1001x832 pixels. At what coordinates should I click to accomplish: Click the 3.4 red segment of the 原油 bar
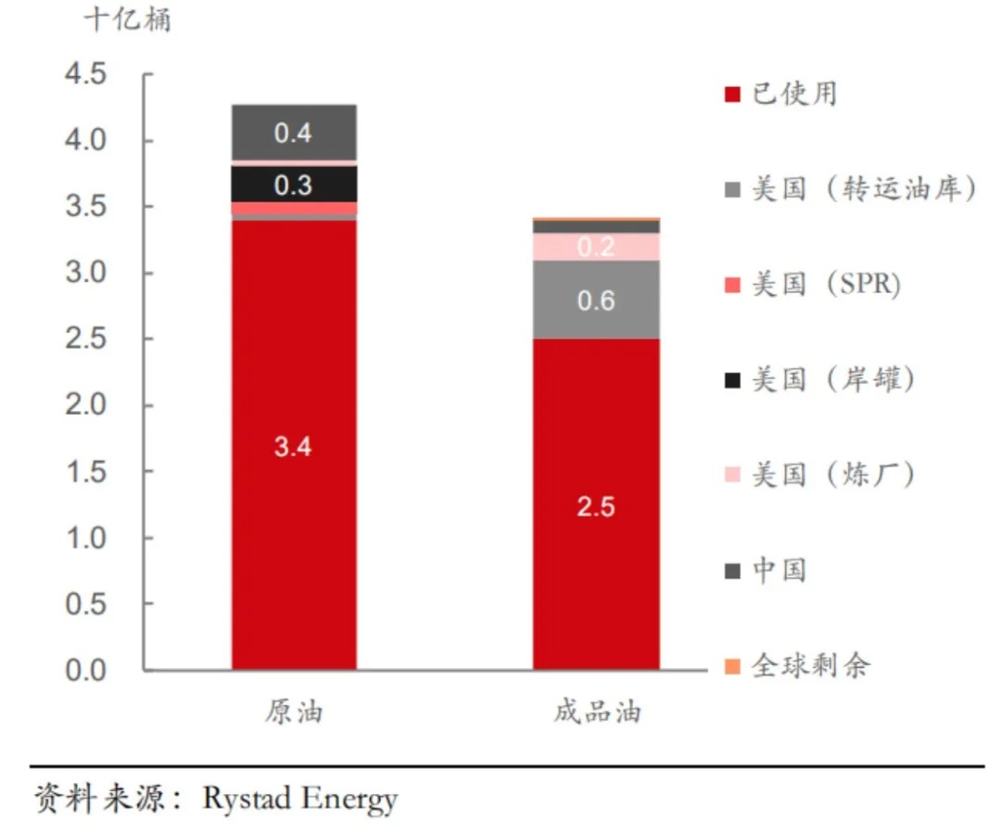pos(294,445)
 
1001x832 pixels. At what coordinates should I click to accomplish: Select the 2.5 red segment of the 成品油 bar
pos(596,505)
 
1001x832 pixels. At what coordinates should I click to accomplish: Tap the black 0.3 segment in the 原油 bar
pos(294,184)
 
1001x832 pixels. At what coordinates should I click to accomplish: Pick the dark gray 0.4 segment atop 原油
pos(294,133)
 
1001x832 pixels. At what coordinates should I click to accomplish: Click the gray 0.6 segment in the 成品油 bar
pos(596,300)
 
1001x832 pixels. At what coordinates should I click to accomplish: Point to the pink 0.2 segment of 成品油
pos(596,247)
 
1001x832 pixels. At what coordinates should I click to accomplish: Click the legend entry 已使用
pos(780,95)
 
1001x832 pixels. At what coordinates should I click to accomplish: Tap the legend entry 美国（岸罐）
pos(820,379)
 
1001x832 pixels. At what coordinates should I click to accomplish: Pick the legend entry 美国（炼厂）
pos(820,475)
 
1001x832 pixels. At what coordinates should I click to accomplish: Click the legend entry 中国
pos(766,570)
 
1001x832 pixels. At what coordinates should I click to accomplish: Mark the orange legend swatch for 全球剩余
pos(732,667)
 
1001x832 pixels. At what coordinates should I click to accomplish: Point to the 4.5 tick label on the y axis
pos(85,73)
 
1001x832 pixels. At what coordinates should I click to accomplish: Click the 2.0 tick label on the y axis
pos(85,404)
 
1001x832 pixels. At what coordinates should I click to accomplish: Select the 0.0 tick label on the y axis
pos(85,671)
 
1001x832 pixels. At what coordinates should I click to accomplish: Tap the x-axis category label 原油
pos(295,711)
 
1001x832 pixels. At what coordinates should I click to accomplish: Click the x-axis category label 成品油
pos(597,711)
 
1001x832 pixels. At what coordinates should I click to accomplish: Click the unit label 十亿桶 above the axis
pos(128,19)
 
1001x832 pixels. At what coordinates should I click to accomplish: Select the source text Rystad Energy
pos(300,799)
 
